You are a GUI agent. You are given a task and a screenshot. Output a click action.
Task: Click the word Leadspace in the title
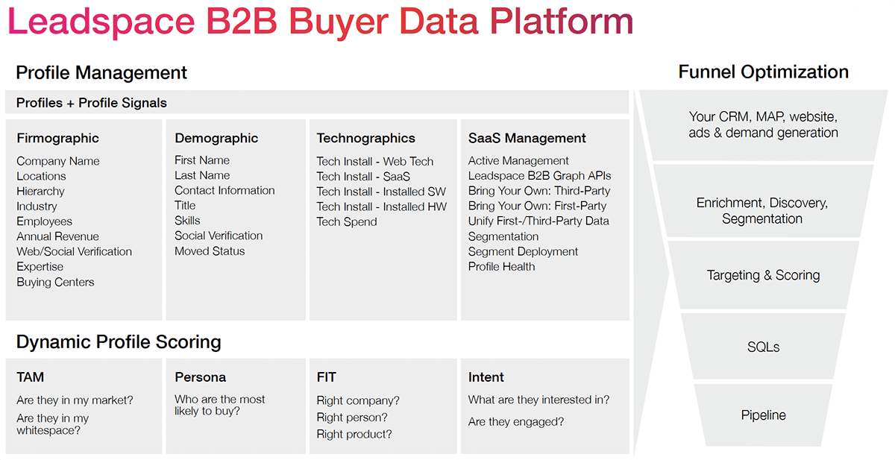[101, 22]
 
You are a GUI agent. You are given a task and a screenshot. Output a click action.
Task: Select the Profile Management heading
[101, 73]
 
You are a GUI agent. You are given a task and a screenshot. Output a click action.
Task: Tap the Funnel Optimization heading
[763, 72]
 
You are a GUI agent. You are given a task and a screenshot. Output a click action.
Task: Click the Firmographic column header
[57, 138]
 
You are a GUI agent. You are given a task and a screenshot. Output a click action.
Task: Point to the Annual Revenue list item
[57, 236]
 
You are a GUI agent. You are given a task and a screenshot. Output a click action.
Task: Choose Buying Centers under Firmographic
[55, 282]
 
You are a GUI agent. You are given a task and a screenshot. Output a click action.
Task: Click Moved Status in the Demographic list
[210, 251]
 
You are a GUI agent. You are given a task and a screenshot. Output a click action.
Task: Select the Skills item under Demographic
[187, 221]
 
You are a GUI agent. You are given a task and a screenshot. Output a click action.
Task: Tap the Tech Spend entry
[346, 221]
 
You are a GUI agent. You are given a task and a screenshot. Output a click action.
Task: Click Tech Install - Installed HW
[381, 207]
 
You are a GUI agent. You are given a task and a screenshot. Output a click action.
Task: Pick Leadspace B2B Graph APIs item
[539, 176]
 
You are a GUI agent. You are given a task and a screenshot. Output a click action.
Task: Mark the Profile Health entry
[501, 266]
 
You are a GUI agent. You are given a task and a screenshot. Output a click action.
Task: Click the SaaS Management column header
[527, 138]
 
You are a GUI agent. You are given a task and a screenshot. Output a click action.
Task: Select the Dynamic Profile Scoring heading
[119, 342]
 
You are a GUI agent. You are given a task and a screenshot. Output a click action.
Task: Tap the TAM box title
[30, 377]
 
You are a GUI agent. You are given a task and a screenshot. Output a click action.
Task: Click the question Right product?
[354, 434]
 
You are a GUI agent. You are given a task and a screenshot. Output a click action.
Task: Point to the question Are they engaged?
[516, 422]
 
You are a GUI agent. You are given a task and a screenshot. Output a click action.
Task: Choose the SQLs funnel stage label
[763, 347]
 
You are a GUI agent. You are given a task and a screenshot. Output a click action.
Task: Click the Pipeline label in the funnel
[763, 415]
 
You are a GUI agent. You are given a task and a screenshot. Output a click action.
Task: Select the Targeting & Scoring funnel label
[763, 275]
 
